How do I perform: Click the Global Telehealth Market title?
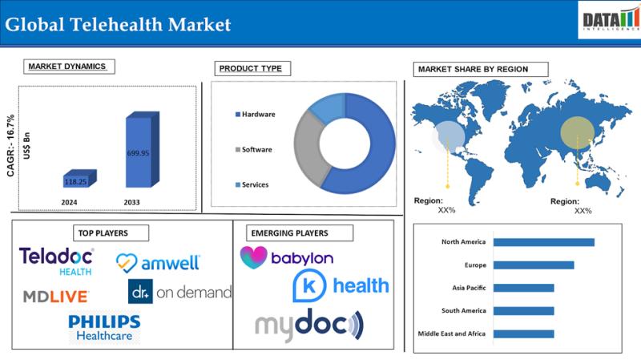tap(118, 25)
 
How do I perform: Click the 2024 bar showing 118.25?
tap(79, 181)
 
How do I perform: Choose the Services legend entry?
tap(253, 185)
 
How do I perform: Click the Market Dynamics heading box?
tap(67, 67)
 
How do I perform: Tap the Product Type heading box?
tap(250, 68)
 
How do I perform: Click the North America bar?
tap(543, 242)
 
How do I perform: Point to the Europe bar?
tap(533, 265)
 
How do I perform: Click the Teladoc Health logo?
tap(57, 261)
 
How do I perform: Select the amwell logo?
tap(158, 261)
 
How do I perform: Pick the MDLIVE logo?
tap(55, 296)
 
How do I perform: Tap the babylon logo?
tap(287, 258)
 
